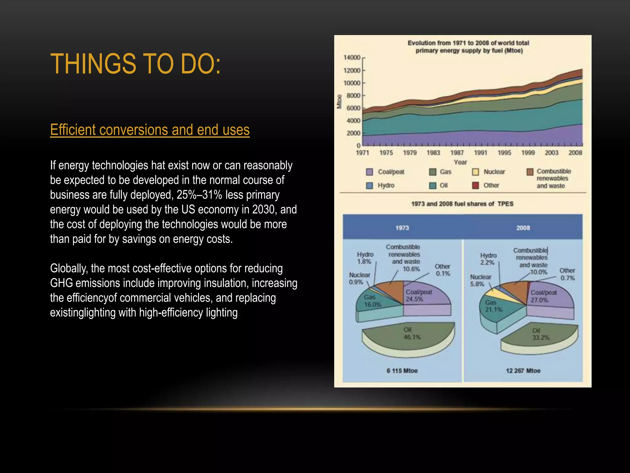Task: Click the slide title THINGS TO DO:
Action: (135, 64)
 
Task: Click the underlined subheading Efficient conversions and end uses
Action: (150, 130)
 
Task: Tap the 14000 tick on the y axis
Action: (352, 58)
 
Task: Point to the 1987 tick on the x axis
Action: (457, 152)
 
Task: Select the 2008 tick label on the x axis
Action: (575, 152)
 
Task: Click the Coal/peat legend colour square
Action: (369, 172)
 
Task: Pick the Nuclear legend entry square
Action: (476, 172)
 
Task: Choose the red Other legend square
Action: (476, 185)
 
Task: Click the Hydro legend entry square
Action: (369, 185)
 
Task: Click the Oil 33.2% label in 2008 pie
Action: (540, 334)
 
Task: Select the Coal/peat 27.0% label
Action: (543, 296)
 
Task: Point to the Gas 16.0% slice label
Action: (372, 301)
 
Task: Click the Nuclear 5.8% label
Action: (480, 280)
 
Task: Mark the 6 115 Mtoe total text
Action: (402, 371)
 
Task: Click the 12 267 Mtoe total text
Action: (523, 371)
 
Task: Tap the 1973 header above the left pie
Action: (402, 228)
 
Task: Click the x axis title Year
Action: (460, 162)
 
